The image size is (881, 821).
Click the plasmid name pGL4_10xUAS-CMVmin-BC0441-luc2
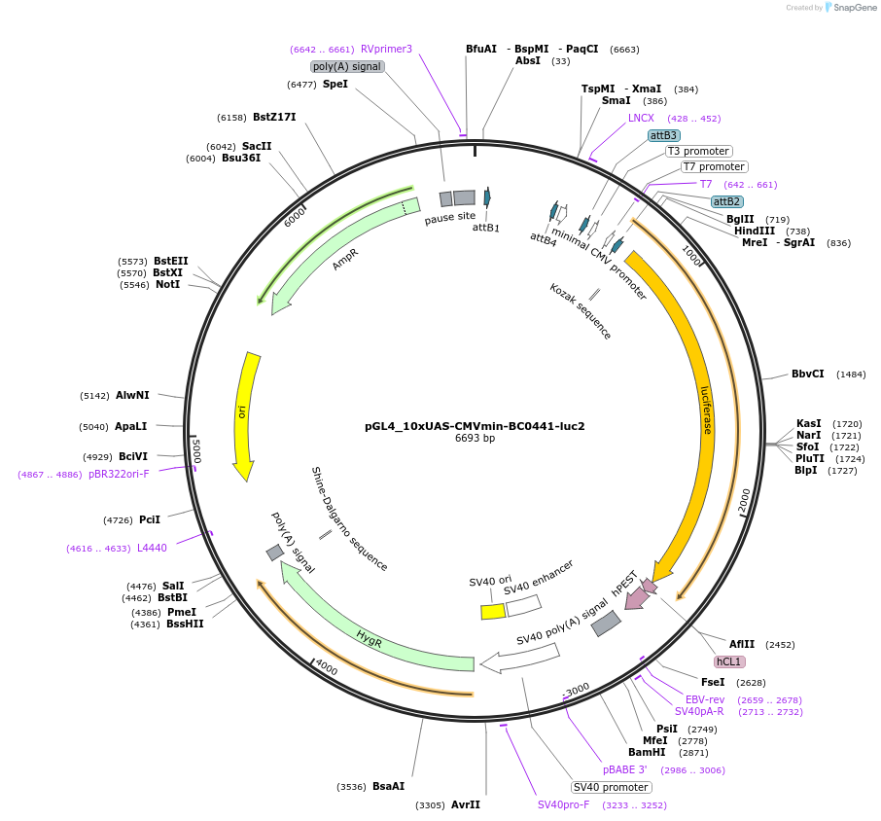coord(475,425)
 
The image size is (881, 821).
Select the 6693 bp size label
coord(475,439)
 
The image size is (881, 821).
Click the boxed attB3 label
coord(664,135)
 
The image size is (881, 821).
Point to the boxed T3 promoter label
coord(698,151)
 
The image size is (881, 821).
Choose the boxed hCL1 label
coord(729,661)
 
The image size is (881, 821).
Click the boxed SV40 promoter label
coord(611,787)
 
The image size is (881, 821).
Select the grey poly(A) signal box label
coord(347,66)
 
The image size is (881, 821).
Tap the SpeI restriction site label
coord(335,85)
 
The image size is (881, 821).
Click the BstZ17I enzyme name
coord(274,117)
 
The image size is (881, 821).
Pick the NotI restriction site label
coord(167,284)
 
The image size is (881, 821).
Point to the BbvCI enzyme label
coord(807,374)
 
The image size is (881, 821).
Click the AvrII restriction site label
coord(466,804)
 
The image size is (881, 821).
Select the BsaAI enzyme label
coord(388,786)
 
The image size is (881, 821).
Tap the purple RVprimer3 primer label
coord(386,49)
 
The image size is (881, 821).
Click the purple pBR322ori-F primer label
coord(119,474)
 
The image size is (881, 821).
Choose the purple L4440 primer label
coord(152,548)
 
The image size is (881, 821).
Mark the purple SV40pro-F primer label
coord(564,804)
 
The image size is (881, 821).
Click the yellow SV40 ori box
coord(493,612)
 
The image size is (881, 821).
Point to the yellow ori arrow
coord(244,413)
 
